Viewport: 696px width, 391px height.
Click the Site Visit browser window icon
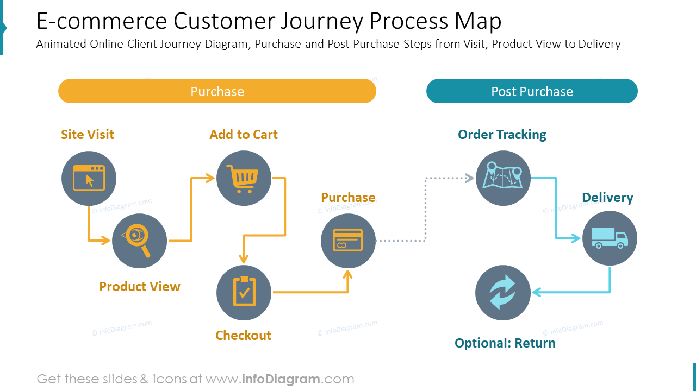pyautogui.click(x=89, y=178)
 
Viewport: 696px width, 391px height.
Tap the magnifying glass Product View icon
pyautogui.click(x=139, y=241)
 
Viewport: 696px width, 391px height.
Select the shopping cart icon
pyautogui.click(x=244, y=178)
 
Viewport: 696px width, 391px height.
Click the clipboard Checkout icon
pyautogui.click(x=244, y=293)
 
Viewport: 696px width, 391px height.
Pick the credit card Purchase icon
pyautogui.click(x=348, y=241)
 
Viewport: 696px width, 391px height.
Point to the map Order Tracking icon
pyautogui.click(x=503, y=178)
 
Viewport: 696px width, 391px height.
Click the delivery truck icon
pyautogui.click(x=610, y=238)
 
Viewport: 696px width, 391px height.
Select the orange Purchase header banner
pyautogui.click(x=217, y=91)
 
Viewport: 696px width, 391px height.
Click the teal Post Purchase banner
pyautogui.click(x=532, y=91)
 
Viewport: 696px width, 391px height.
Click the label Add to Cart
pyautogui.click(x=244, y=135)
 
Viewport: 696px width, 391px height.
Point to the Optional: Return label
pyautogui.click(x=505, y=343)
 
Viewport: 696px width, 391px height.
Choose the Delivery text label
pyautogui.click(x=607, y=198)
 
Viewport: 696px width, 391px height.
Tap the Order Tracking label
pyautogui.click(x=502, y=135)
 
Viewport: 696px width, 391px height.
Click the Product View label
pyautogui.click(x=139, y=287)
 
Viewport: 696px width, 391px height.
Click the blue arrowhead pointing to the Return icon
pyautogui.click(x=536, y=292)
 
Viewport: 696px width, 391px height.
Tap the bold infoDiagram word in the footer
pyautogui.click(x=279, y=379)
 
